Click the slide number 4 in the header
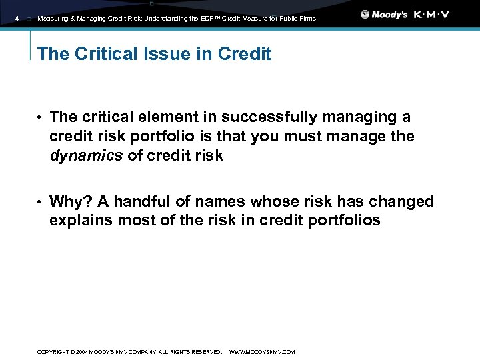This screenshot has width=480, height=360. coord(17,19)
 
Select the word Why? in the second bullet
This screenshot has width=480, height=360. coord(68,201)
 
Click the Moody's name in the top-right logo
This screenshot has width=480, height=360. coord(389,15)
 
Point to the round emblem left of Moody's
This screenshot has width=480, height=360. coord(365,15)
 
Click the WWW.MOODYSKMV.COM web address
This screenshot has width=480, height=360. coord(261,352)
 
